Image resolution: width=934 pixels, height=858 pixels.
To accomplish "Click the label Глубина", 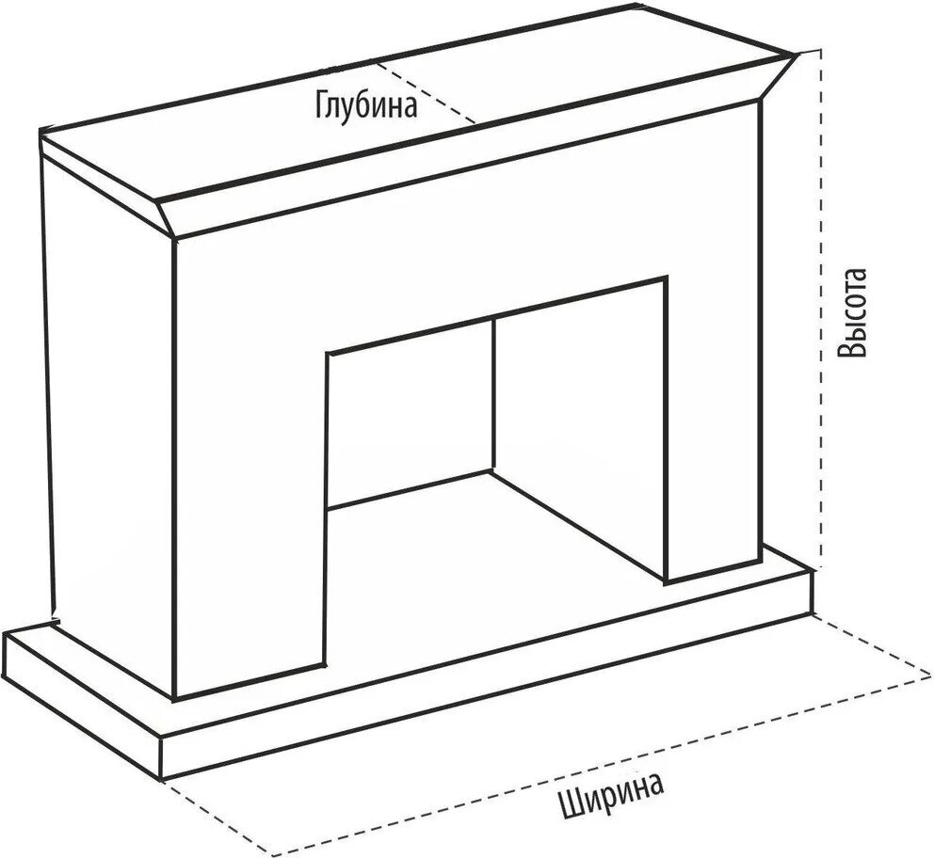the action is (x=365, y=103).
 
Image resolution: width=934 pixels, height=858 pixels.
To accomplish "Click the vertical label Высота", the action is (x=853, y=315).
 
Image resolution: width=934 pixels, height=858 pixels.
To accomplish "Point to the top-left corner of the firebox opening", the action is (x=328, y=354).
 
